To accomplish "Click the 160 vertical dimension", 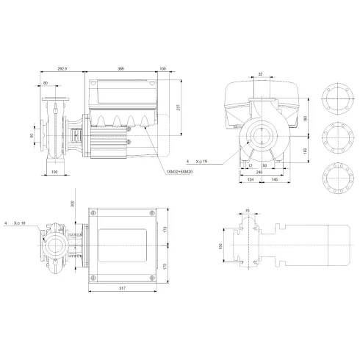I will click(x=306, y=150).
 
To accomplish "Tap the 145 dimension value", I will click(x=273, y=180).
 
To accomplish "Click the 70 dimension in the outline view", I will click(x=247, y=212).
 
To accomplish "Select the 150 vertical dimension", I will click(x=223, y=246).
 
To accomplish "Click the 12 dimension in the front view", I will click(x=250, y=166).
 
